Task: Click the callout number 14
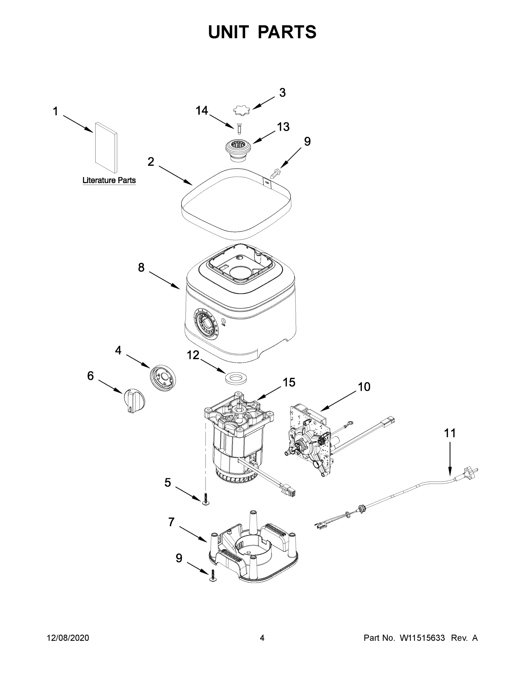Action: point(202,110)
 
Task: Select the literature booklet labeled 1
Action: point(106,147)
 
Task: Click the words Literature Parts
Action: point(109,180)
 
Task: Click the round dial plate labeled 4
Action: point(163,378)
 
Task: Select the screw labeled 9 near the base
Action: point(213,576)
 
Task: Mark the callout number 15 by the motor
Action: point(289,383)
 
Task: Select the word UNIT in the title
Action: point(229,32)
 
